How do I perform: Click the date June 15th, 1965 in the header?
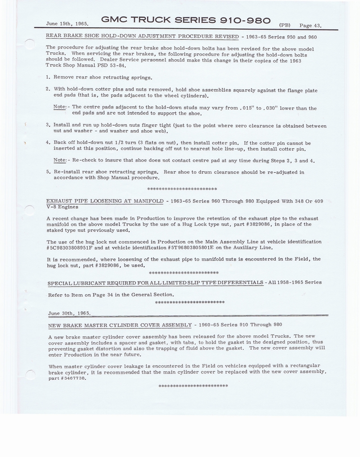coord(67,24)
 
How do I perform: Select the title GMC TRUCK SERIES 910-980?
coord(186,20)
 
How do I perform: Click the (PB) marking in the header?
coord(284,25)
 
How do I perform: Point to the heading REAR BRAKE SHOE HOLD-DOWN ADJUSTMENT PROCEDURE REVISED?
coord(142,36)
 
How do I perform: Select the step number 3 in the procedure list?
coord(48,125)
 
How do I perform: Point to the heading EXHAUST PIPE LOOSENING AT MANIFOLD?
coord(105,201)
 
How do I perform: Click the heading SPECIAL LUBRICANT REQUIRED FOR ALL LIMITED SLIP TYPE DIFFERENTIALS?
coord(155,283)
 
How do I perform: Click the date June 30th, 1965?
coord(69,313)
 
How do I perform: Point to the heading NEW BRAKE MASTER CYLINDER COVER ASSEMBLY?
coord(120,325)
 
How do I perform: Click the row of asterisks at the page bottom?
coord(193,386)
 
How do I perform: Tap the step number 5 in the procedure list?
coord(48,172)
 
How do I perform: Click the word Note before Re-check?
coord(60,160)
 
